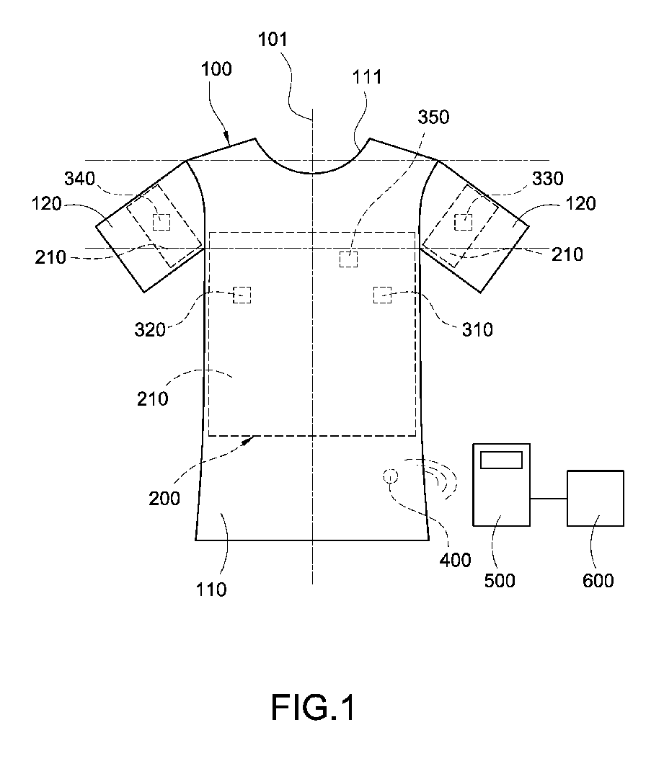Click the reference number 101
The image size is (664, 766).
273,40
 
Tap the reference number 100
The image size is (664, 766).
217,70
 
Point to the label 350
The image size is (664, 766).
433,117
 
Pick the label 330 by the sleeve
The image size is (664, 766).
546,178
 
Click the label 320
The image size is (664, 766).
151,329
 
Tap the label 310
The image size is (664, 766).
477,329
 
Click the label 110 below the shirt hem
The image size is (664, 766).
211,589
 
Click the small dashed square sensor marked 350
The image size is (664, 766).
349,259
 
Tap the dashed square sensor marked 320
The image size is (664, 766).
242,295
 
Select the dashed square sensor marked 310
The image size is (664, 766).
382,295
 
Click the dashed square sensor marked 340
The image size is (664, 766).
161,222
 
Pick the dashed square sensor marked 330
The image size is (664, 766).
463,222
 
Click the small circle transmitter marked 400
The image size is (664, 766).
391,476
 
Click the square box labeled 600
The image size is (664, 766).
596,499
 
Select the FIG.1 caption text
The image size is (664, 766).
313,708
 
